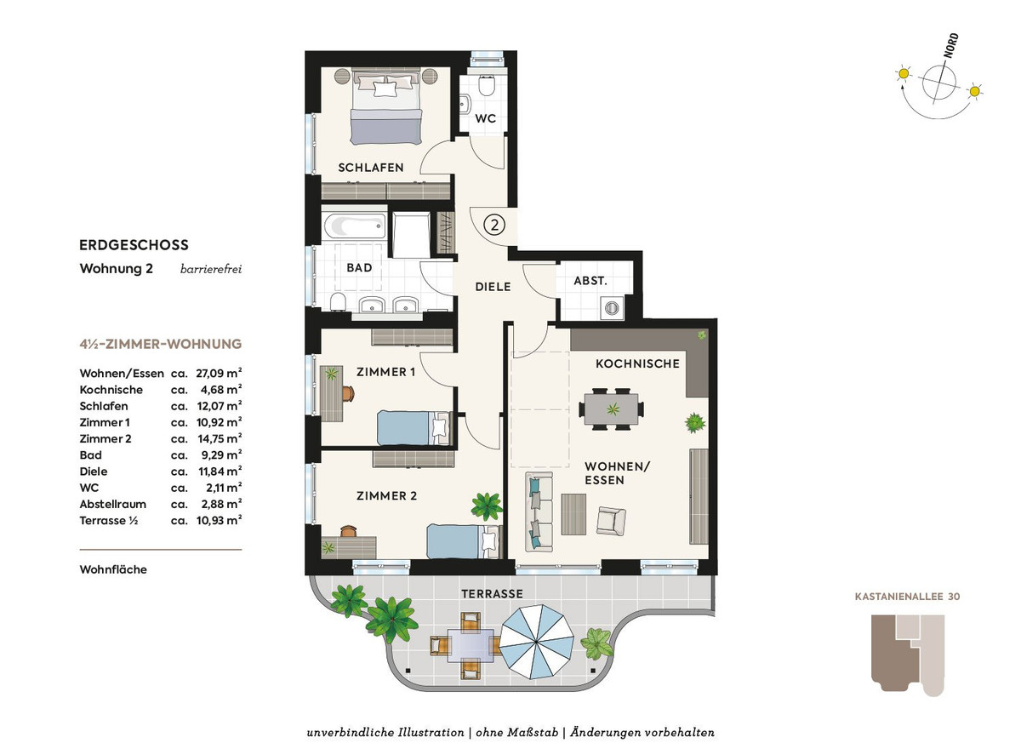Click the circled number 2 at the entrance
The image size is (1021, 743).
coord(494,225)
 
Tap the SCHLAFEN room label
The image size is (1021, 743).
coord(371,168)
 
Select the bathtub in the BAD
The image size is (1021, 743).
coord(355,226)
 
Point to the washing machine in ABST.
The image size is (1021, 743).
coord(611,308)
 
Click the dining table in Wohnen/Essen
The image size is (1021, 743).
coord(611,409)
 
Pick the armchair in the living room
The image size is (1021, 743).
coord(611,521)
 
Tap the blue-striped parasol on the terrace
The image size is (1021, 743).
coord(537,642)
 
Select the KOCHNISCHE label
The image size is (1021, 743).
coord(637,363)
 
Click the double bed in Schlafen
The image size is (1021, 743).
coord(386,106)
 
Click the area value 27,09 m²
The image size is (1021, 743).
coord(219,373)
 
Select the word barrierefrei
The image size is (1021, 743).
coord(211,269)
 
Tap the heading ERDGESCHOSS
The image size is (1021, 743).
coord(134,245)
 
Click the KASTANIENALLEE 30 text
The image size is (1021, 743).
coord(907,597)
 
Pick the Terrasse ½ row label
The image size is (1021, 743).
coord(109,521)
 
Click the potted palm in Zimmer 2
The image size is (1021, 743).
coord(487,506)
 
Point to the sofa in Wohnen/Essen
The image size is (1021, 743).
coord(539,512)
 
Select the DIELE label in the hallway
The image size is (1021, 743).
coord(493,287)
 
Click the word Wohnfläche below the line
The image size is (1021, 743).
coord(113,569)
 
